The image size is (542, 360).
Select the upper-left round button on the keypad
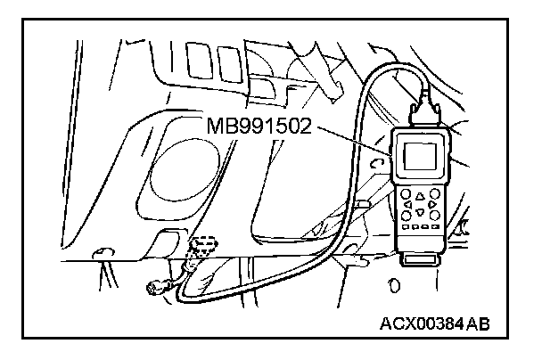point(407,192)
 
